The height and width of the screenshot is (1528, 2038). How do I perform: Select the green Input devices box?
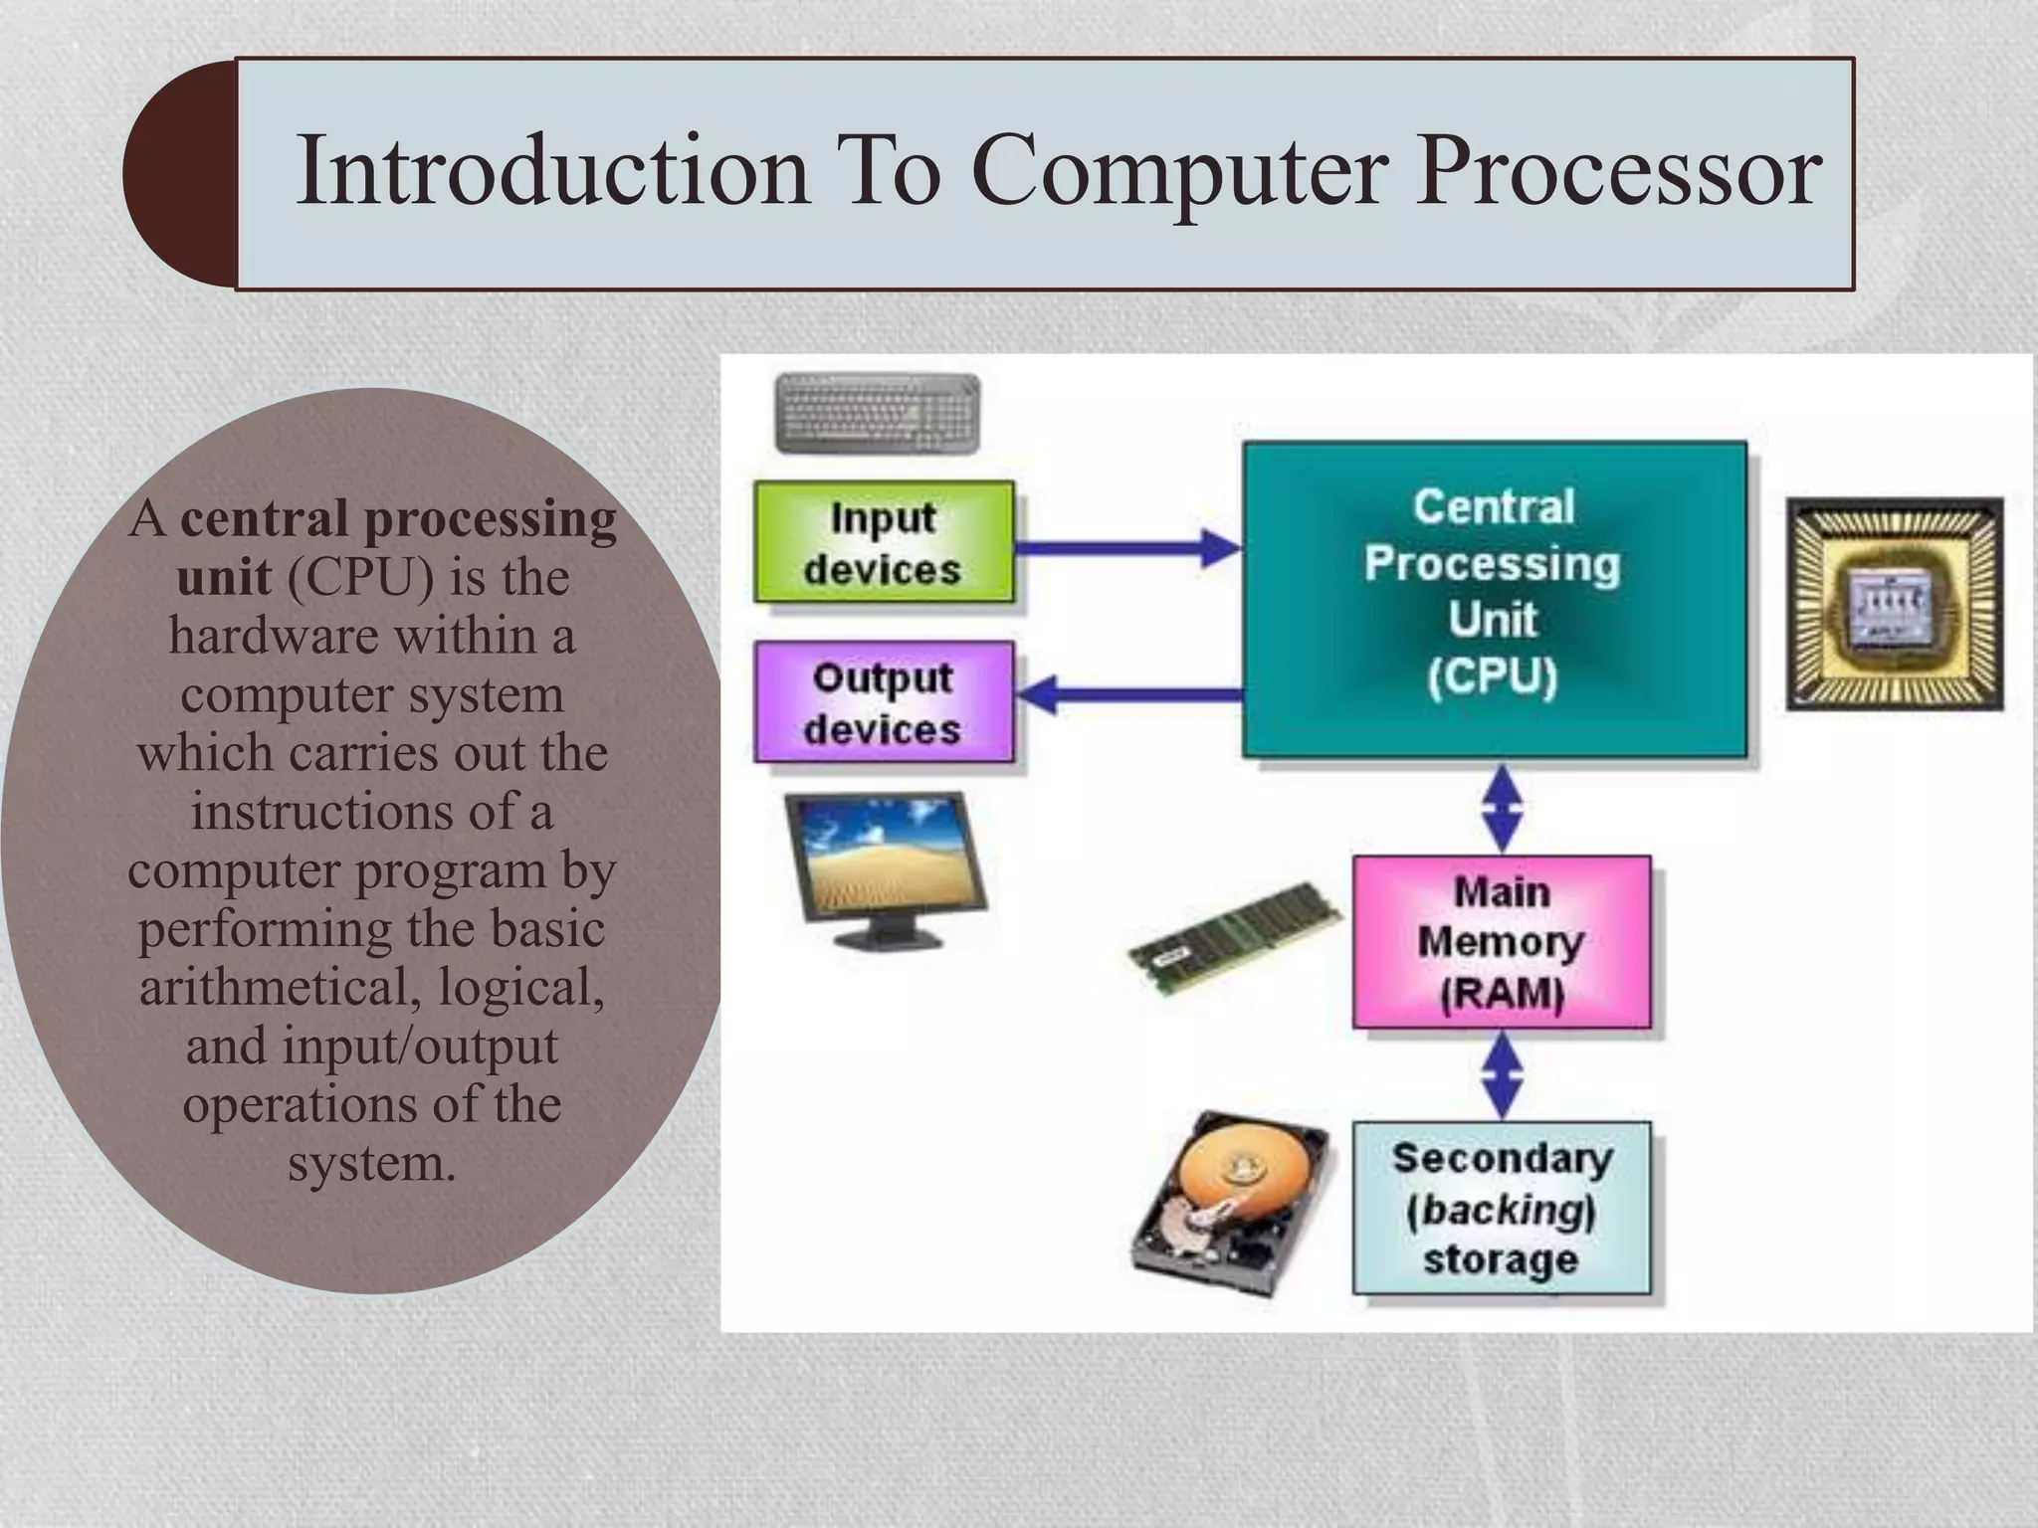[884, 543]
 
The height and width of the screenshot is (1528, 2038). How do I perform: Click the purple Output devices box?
[884, 702]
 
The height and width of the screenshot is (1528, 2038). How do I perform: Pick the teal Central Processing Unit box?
[1494, 597]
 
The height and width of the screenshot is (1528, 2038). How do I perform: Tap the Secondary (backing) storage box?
[1501, 1208]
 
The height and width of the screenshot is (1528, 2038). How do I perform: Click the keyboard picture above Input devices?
[877, 413]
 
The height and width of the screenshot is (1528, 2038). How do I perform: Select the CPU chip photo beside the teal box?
[1894, 604]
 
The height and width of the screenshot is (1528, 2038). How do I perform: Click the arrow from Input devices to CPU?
[1125, 547]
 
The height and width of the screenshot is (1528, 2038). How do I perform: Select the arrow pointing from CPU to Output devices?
[1125, 693]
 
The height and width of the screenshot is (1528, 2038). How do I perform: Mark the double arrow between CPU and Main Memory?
[1502, 807]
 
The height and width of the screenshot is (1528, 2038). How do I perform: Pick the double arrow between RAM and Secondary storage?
[1502, 1075]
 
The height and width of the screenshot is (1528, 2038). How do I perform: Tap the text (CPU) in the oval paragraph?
[360, 577]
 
